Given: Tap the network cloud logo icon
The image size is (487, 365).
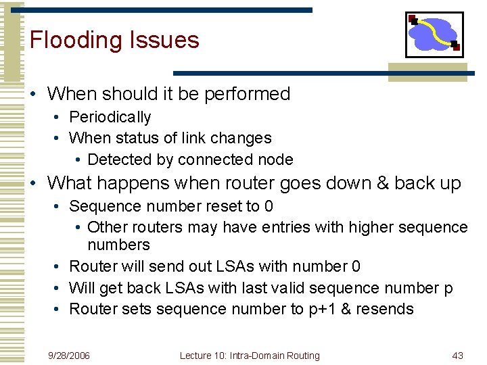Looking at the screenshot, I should coord(434,34).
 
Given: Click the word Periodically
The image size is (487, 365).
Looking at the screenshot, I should coord(110,118).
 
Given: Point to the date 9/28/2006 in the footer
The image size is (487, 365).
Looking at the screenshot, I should coord(69,356).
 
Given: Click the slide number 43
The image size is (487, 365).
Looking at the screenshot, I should coord(457,356).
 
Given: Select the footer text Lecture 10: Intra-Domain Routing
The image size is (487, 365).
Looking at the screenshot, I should coord(250,356).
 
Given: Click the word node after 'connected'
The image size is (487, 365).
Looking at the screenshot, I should coord(275,160).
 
